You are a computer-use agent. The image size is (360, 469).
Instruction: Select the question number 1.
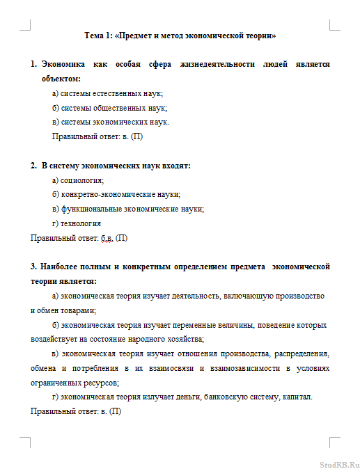click(33, 64)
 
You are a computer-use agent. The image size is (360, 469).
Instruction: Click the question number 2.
click(33, 166)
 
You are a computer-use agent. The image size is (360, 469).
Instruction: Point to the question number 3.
click(33, 267)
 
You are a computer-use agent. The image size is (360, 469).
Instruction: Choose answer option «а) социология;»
click(77, 180)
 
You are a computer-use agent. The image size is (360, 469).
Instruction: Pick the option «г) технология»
click(77, 223)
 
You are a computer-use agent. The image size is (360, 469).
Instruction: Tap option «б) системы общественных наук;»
click(109, 108)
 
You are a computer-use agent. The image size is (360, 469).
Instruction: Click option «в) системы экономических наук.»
click(111, 122)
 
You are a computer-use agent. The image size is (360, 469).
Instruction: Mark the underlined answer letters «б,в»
click(107, 238)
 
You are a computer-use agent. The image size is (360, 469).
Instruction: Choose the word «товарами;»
click(78, 310)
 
